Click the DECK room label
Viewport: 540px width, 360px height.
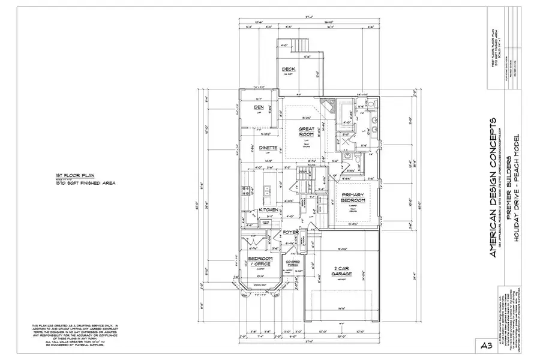pyautogui.click(x=289, y=69)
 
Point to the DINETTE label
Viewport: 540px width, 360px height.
pyautogui.click(x=269, y=148)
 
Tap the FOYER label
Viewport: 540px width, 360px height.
pyautogui.click(x=291, y=232)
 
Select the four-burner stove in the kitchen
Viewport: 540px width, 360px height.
pyautogui.click(x=246, y=191)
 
